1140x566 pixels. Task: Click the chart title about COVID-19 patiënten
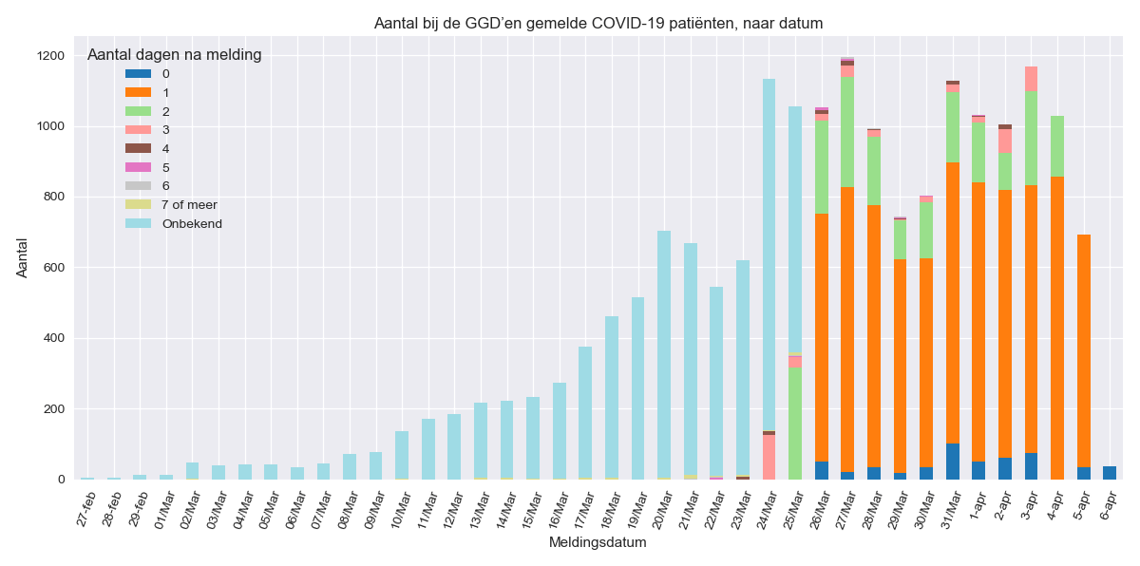pyautogui.click(x=598, y=23)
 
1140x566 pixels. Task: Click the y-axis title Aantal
pyautogui.click(x=23, y=258)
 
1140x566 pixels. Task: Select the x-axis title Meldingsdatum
pyautogui.click(x=598, y=542)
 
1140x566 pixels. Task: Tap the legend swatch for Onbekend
pyautogui.click(x=138, y=223)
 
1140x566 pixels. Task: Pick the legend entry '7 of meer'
pyautogui.click(x=189, y=204)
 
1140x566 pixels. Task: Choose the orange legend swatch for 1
pyautogui.click(x=138, y=92)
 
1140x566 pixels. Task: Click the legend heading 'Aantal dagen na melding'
pyautogui.click(x=174, y=55)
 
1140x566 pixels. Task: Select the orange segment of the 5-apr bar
pyautogui.click(x=1083, y=350)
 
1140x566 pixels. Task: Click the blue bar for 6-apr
pyautogui.click(x=1110, y=473)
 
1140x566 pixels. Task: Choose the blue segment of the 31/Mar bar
pyautogui.click(x=952, y=462)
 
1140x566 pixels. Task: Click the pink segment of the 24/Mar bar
pyautogui.click(x=769, y=457)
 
